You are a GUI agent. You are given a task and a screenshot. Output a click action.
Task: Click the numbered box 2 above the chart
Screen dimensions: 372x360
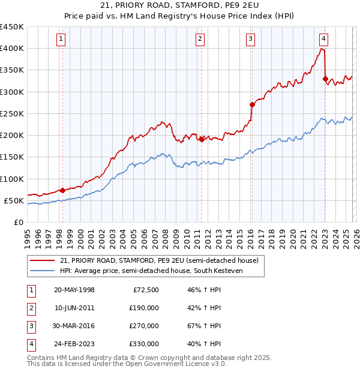point(200,40)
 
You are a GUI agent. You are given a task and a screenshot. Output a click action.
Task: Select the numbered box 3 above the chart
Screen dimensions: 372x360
point(250,40)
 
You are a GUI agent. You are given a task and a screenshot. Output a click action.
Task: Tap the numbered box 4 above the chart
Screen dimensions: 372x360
point(323,40)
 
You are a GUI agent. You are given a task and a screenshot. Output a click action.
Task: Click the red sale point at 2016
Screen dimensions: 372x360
point(252,104)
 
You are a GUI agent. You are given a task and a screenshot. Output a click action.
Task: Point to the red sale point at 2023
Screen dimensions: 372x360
point(325,79)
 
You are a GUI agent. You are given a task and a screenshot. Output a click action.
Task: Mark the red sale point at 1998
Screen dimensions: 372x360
point(63,190)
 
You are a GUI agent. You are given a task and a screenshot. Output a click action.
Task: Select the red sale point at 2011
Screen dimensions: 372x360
point(202,139)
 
